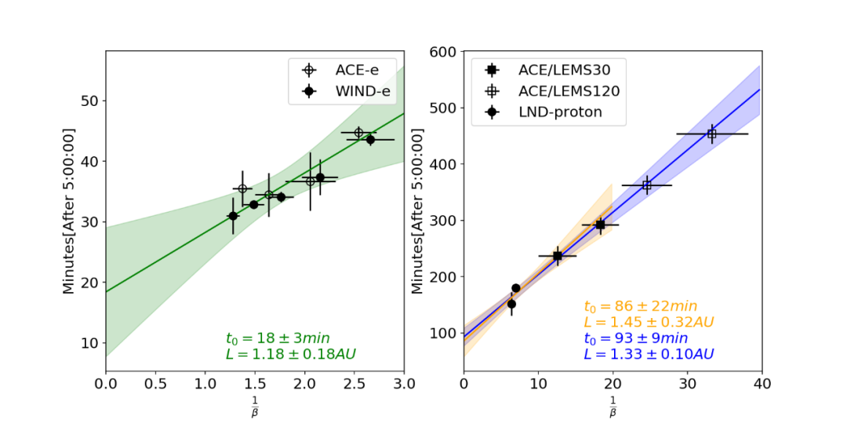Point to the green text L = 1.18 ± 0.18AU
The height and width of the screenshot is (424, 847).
(x=290, y=354)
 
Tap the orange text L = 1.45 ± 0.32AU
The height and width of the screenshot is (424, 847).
(x=649, y=322)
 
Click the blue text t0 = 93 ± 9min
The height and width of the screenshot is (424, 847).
(x=635, y=338)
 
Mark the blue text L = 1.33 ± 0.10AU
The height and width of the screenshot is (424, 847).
(x=649, y=354)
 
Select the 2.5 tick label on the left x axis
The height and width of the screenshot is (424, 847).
(x=354, y=385)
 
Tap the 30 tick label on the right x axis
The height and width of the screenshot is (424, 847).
(x=688, y=385)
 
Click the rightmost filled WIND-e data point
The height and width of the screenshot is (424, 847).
(x=370, y=140)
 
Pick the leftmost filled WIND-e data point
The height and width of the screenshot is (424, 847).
(x=233, y=216)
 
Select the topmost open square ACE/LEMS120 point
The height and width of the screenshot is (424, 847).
(x=712, y=134)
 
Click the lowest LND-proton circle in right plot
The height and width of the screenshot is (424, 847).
(x=511, y=304)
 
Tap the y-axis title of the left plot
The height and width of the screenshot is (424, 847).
(x=69, y=212)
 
